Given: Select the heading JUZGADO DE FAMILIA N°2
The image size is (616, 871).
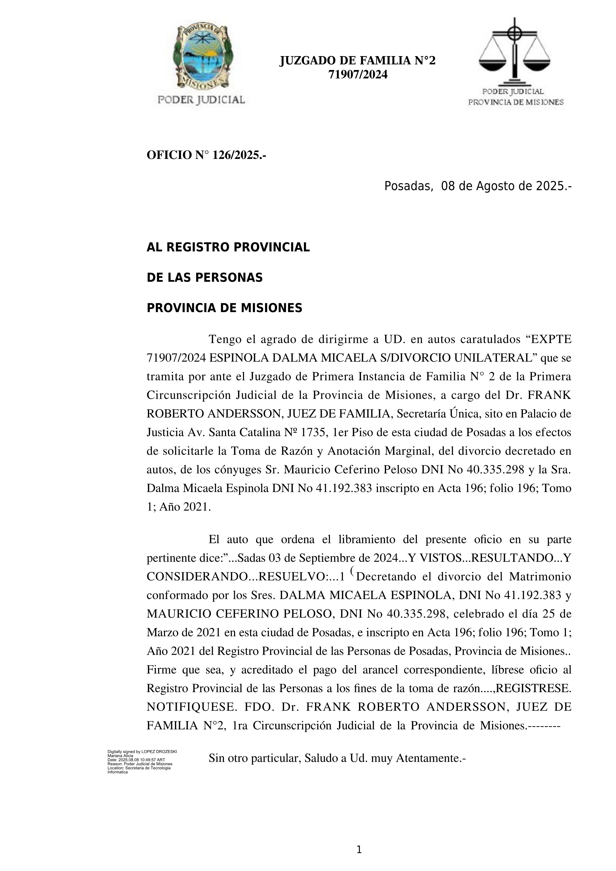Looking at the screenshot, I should point(357,61).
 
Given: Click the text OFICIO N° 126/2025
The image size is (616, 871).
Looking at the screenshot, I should point(206,155).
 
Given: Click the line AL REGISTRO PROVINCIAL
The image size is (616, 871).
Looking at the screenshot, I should point(228,247).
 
